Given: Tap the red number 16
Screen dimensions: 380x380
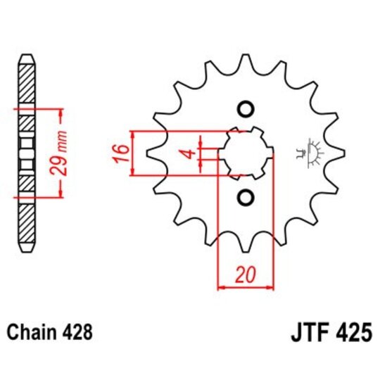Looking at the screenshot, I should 120,152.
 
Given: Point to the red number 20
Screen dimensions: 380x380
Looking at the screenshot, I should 245,275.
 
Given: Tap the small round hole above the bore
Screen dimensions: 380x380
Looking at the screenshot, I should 245,110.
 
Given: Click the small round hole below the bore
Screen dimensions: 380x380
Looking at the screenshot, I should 245,196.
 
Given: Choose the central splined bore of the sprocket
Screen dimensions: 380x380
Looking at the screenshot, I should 245,153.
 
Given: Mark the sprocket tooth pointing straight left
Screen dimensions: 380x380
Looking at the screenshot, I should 151,153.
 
